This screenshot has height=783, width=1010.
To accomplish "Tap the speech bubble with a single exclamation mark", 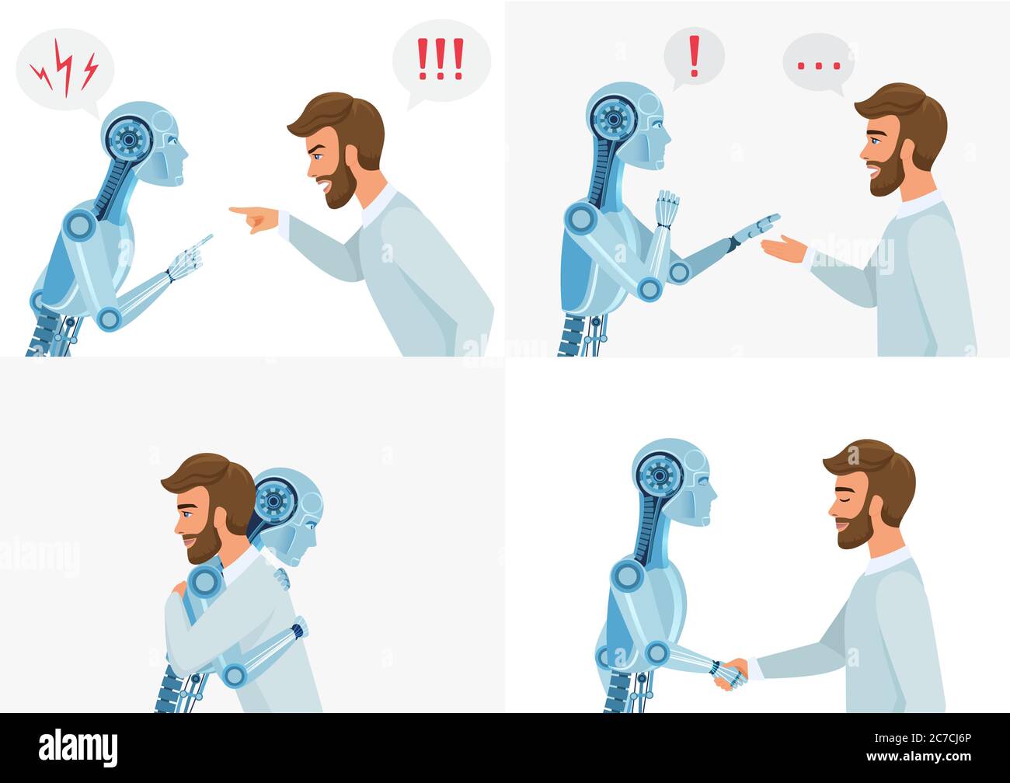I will point(694,54).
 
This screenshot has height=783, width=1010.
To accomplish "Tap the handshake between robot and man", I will point(730,673).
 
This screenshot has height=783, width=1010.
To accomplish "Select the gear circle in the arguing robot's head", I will point(128,138).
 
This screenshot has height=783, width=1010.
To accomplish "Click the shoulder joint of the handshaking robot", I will point(626,576).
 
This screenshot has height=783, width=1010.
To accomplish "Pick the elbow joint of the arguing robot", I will point(109,318).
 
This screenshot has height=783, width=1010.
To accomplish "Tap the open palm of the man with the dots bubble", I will point(785,249).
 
